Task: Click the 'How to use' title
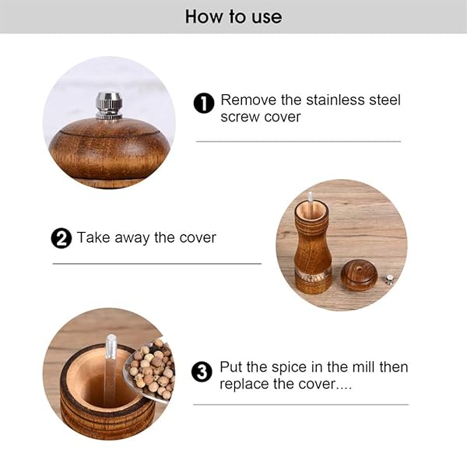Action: coord(233,16)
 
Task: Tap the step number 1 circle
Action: coord(204,103)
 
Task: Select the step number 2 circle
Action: coord(61,238)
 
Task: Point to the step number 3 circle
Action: coord(202,372)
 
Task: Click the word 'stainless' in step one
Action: coord(335,100)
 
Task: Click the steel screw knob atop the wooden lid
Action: coord(109,106)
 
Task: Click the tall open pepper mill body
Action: coord(313,248)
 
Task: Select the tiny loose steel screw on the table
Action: coord(389,279)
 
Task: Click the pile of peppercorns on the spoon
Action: coord(153,369)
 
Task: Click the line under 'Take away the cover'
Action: coord(157,264)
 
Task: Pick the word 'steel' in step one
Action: coord(384,100)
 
